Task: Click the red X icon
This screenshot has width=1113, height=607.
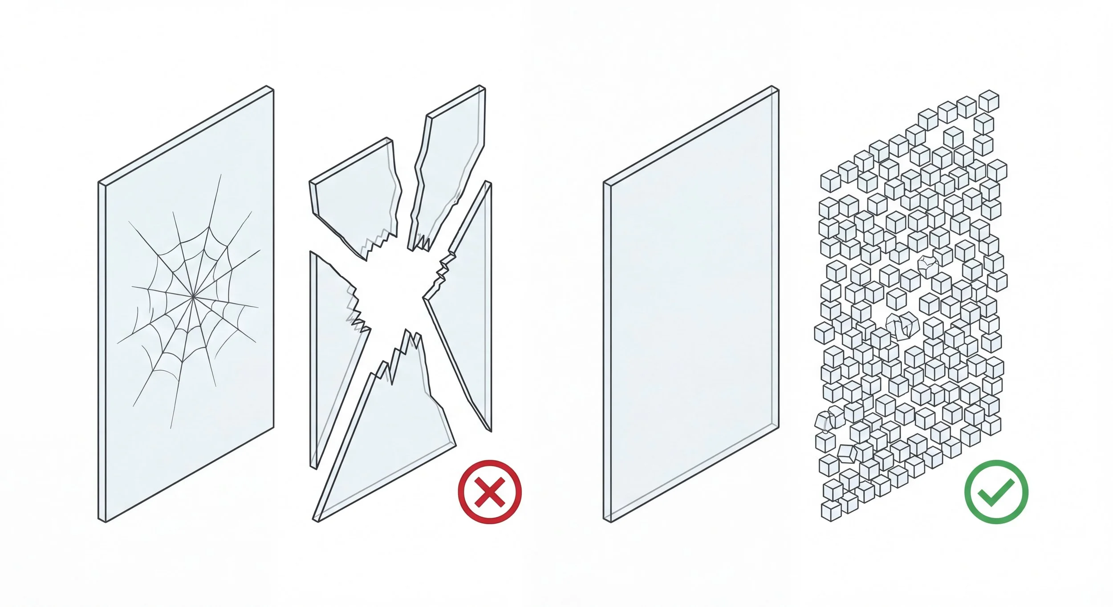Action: (x=489, y=492)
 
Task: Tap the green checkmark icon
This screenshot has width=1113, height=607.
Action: (x=996, y=492)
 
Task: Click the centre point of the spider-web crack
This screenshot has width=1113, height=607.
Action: (x=193, y=295)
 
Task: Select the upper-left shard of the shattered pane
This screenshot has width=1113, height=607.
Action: (x=356, y=196)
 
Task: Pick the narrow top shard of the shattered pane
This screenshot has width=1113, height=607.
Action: (x=450, y=165)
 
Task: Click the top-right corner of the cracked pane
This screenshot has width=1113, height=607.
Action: (x=270, y=88)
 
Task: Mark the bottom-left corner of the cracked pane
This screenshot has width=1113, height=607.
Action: (x=102, y=520)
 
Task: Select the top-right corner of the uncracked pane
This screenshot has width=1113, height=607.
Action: (x=775, y=88)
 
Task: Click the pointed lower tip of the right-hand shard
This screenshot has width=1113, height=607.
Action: (x=490, y=430)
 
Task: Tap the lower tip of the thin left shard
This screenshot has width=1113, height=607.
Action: (x=314, y=467)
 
